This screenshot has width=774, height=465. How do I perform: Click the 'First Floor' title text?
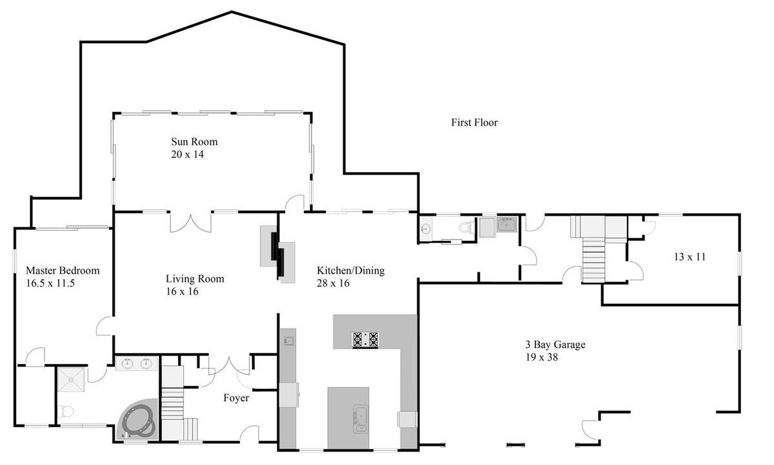click(474, 122)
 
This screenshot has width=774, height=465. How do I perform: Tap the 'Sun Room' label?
click(194, 142)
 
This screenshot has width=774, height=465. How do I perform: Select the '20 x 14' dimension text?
click(187, 155)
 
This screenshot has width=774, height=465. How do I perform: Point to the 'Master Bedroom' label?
click(63, 270)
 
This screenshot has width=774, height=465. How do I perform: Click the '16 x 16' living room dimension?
click(182, 292)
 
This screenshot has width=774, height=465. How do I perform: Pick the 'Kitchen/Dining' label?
click(350, 270)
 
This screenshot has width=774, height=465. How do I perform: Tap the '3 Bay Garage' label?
click(555, 345)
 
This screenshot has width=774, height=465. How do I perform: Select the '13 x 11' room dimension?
click(690, 257)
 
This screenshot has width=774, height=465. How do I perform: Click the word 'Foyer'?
click(236, 399)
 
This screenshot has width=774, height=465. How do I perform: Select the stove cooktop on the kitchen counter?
click(364, 339)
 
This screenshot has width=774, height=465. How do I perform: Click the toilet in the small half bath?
click(466, 227)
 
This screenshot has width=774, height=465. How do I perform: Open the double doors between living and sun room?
click(190, 222)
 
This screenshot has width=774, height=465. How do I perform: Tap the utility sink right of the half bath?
click(506, 226)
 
